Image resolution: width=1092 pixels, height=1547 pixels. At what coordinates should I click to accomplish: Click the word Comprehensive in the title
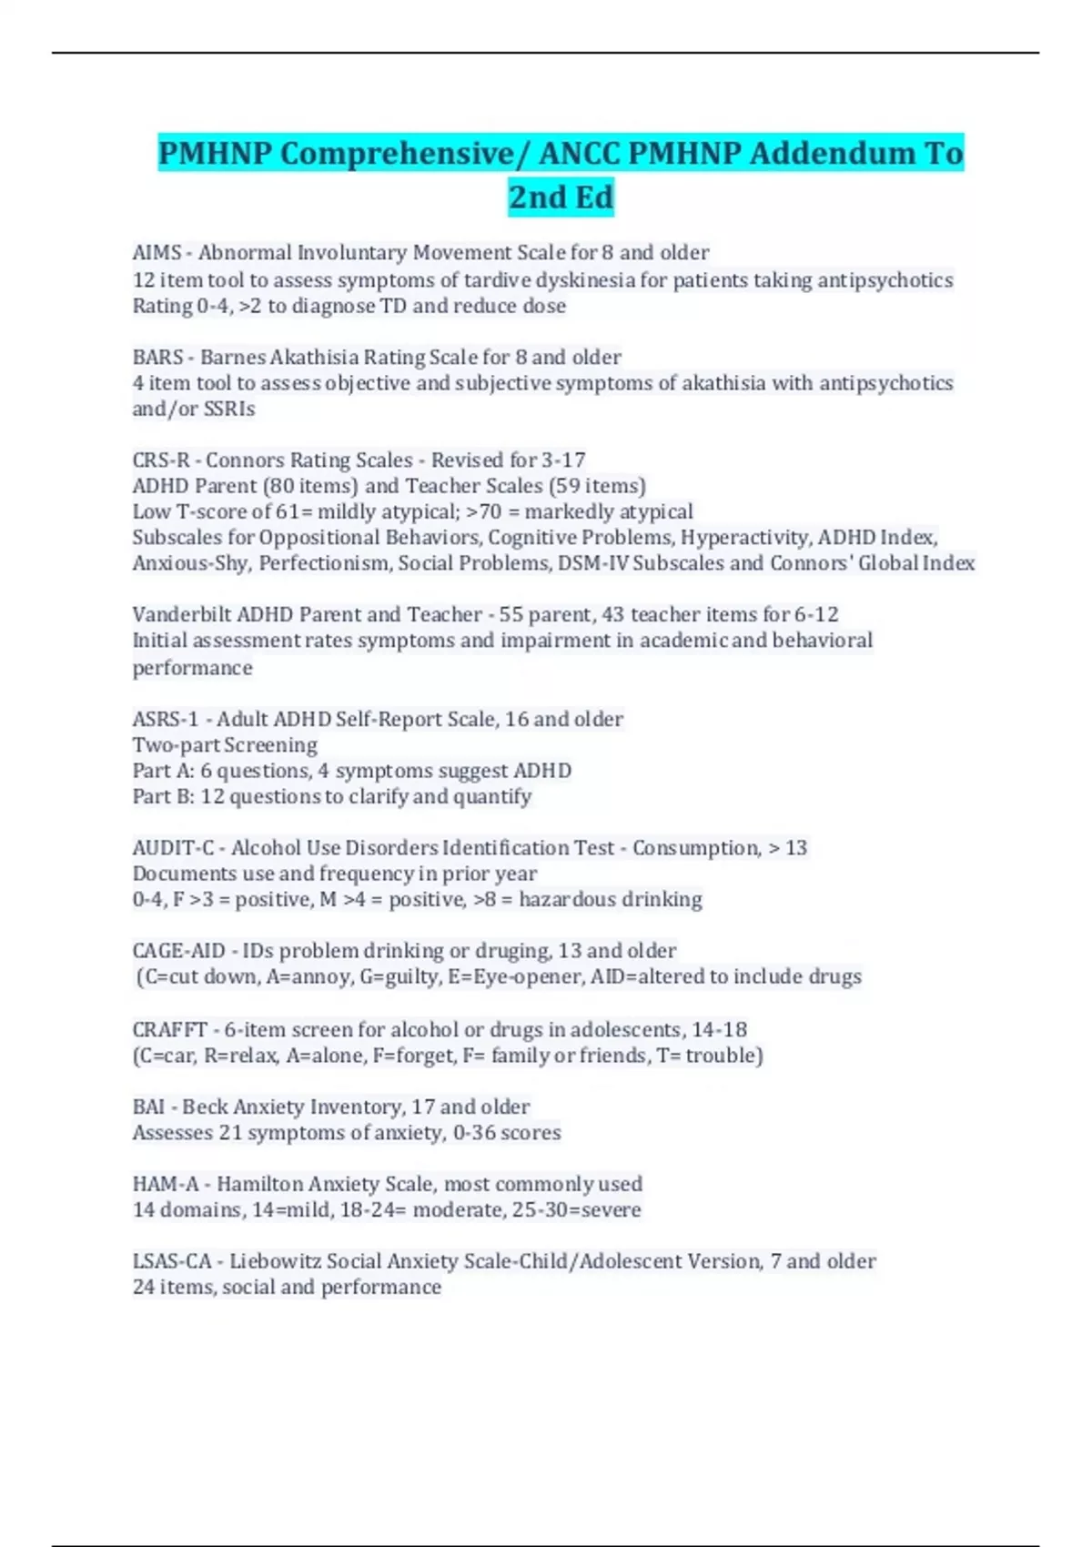click(x=397, y=154)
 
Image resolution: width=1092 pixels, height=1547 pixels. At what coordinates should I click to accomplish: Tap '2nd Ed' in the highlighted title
click(x=561, y=197)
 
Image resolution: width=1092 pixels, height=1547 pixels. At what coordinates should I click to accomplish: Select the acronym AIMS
click(x=157, y=253)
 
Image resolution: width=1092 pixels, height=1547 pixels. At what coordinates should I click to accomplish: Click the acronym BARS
click(x=157, y=358)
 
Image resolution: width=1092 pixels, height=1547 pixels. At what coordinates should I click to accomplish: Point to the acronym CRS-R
click(x=161, y=460)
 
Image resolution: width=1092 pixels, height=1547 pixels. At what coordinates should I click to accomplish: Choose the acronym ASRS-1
click(x=165, y=720)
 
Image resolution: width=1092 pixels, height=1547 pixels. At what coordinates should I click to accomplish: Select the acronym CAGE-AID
click(x=178, y=951)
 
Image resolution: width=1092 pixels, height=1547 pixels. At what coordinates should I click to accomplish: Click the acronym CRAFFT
click(x=169, y=1030)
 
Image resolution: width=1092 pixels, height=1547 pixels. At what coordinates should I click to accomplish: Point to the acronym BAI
click(x=148, y=1107)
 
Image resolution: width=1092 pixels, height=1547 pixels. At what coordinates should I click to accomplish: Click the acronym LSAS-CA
click(x=171, y=1262)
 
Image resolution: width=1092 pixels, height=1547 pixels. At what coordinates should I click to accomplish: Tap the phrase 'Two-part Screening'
click(x=225, y=745)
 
